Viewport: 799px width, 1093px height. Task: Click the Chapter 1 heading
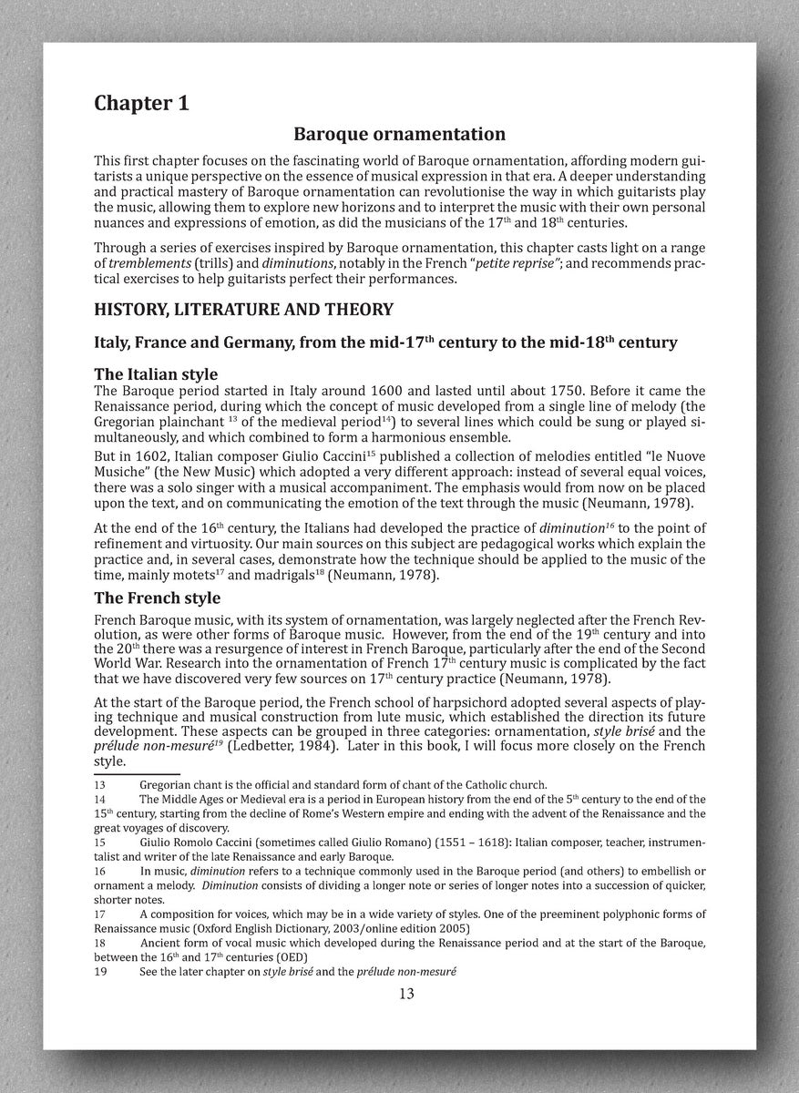tap(141, 103)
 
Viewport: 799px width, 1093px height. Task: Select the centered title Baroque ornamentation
tap(399, 134)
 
